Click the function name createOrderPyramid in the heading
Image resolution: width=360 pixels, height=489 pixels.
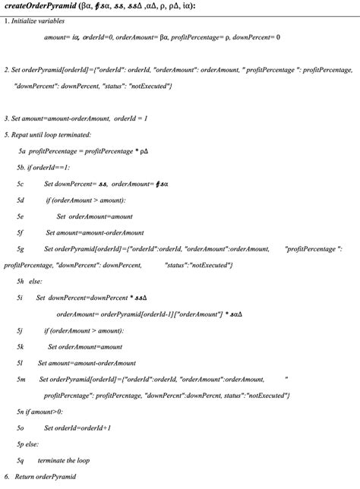point(43,6)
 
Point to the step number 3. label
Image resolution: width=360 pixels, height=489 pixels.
point(6,118)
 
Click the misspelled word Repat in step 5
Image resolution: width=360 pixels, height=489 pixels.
point(22,134)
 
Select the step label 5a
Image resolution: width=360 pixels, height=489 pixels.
point(22,151)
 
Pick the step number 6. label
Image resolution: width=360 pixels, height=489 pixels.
point(6,476)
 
